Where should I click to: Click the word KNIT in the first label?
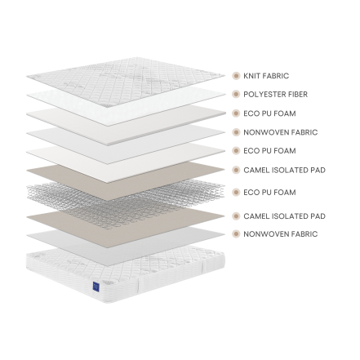point(250,76)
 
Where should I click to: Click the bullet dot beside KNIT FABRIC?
point(236,76)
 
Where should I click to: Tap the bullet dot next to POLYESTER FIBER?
point(236,94)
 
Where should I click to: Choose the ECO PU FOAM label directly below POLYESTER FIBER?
point(269,113)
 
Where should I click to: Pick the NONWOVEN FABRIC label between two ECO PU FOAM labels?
point(281,132)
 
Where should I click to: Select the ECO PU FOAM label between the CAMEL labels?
point(269,193)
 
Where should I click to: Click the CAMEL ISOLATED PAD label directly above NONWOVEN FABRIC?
point(284,216)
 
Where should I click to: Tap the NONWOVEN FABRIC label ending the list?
point(281,234)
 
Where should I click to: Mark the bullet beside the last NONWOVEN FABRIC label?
point(236,233)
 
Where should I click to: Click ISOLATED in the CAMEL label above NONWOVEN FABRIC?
point(287,216)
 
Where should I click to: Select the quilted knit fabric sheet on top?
point(126,82)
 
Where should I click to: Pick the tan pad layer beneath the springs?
point(126,227)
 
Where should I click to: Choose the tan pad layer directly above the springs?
point(126,182)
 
